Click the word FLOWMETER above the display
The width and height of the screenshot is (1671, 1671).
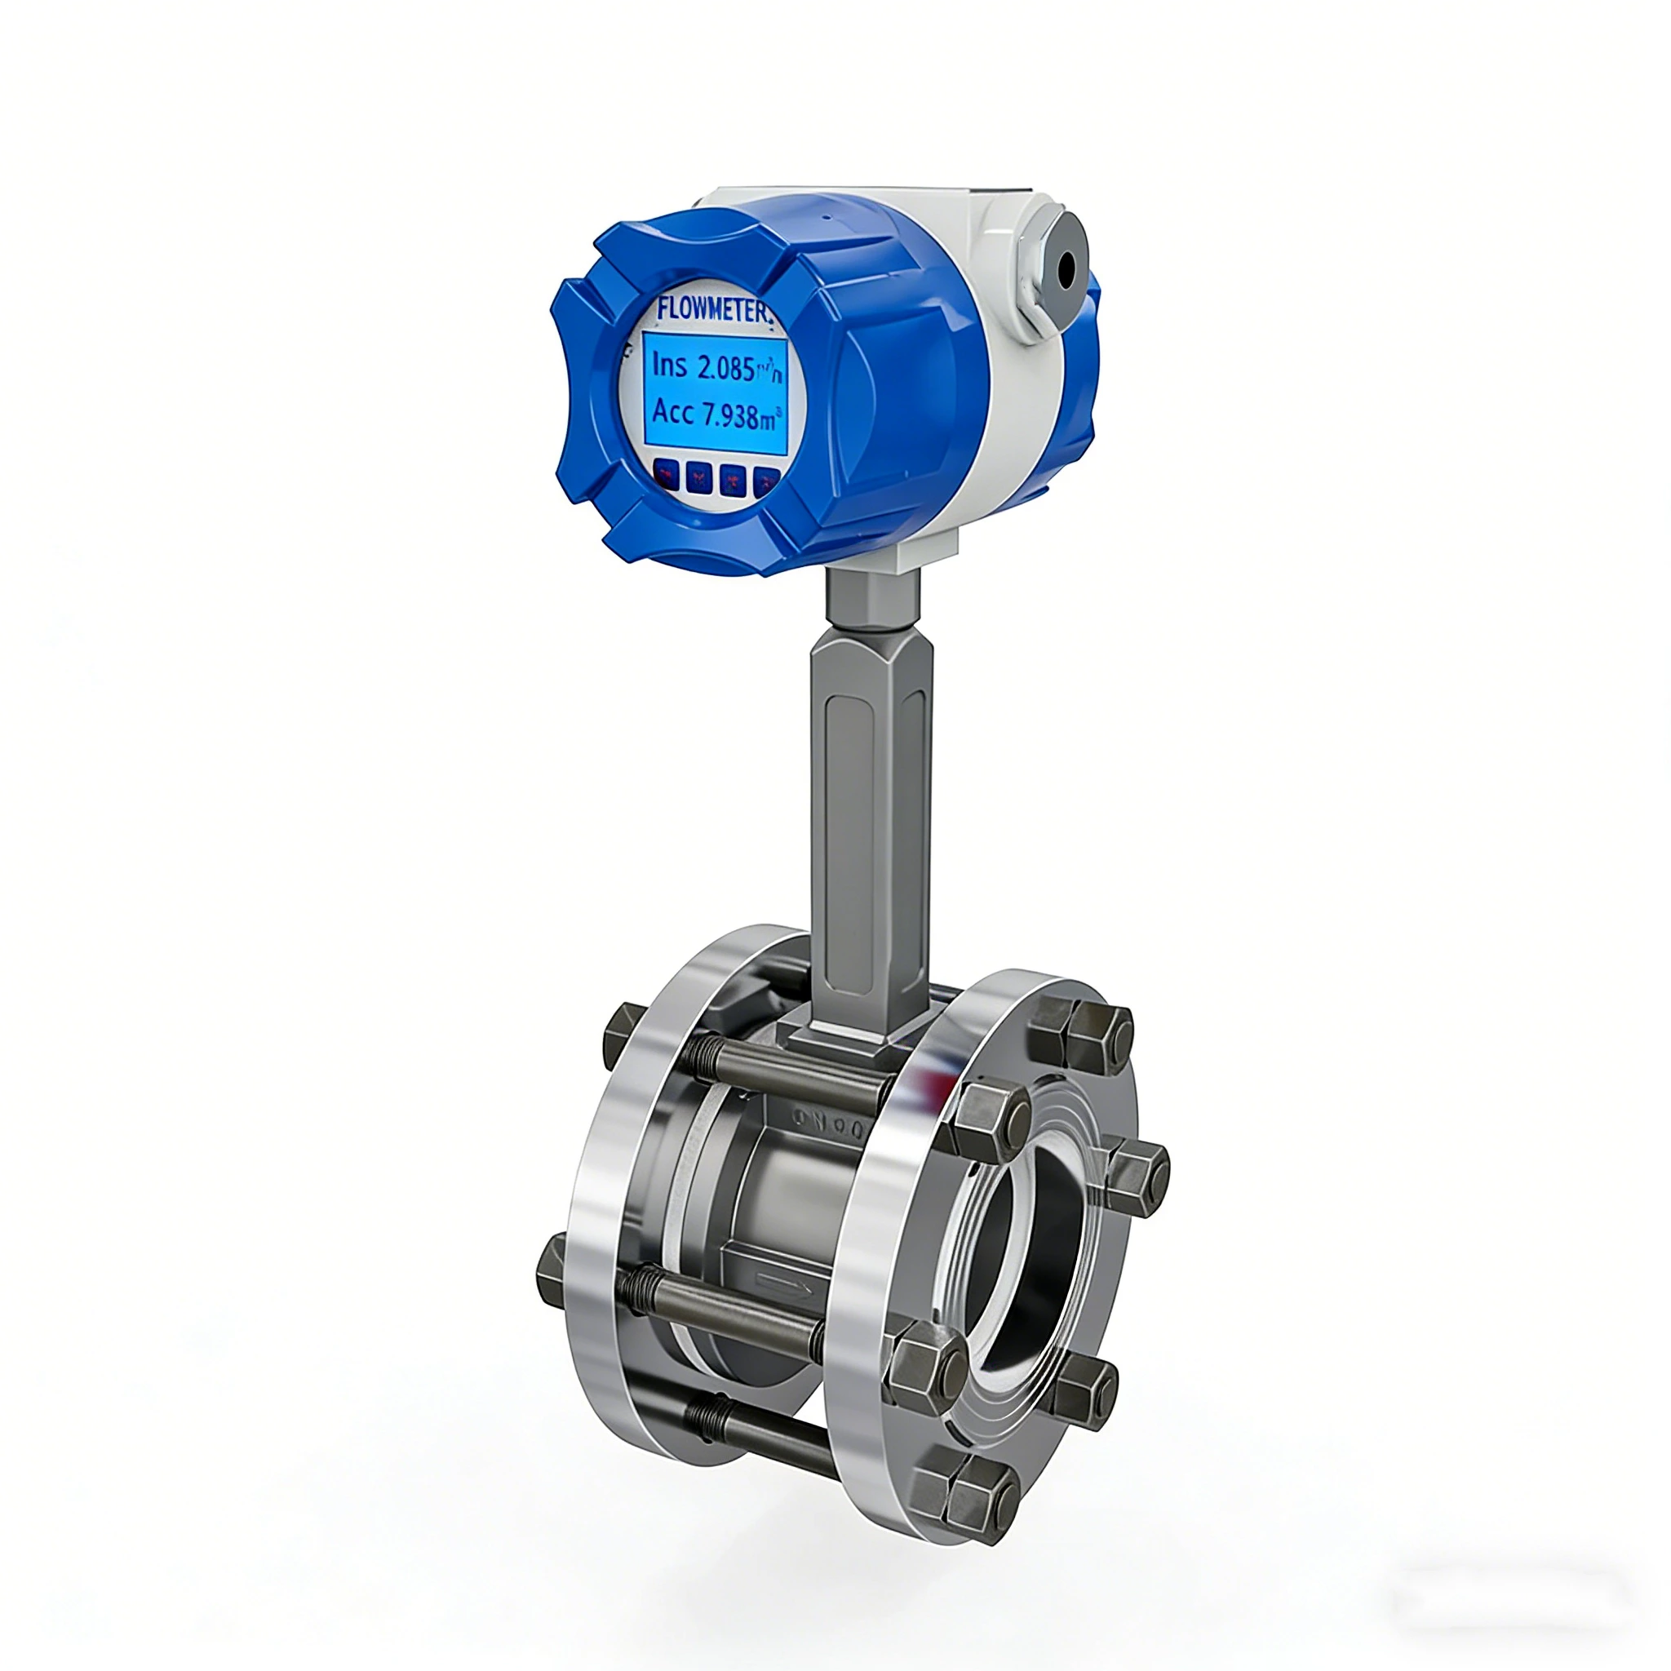click(711, 309)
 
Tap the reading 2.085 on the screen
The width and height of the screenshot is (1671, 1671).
click(725, 368)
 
